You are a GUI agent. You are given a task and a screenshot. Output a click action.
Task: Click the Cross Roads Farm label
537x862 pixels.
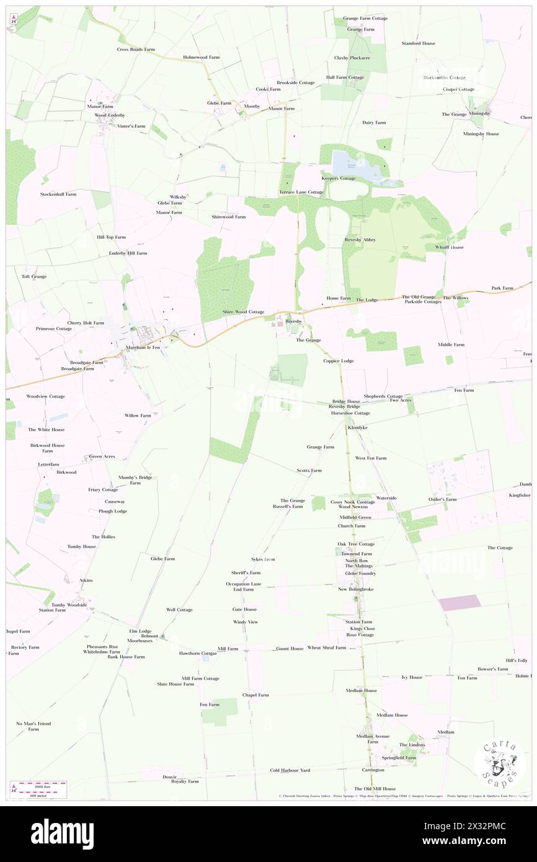pyautogui.click(x=135, y=49)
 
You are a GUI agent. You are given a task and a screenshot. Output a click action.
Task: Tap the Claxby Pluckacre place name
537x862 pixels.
pyautogui.click(x=352, y=58)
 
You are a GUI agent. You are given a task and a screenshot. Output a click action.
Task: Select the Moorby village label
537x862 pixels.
pyautogui.click(x=252, y=107)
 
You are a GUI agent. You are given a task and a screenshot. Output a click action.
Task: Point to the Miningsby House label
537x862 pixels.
pyautogui.click(x=481, y=134)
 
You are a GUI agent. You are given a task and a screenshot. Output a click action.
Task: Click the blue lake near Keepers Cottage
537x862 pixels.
pyautogui.click(x=348, y=163)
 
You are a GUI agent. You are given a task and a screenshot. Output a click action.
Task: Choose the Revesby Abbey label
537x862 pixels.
pyautogui.click(x=360, y=239)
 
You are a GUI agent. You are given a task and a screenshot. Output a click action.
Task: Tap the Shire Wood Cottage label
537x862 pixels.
pyautogui.click(x=243, y=311)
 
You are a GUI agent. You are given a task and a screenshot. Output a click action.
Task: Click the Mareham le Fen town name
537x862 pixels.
pyautogui.click(x=143, y=347)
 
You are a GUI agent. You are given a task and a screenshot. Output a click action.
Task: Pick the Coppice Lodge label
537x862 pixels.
pyautogui.click(x=338, y=360)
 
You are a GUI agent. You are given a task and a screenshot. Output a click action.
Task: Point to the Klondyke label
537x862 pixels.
pyautogui.click(x=358, y=427)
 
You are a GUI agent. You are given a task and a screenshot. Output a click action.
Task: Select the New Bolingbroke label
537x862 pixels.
pyautogui.click(x=355, y=589)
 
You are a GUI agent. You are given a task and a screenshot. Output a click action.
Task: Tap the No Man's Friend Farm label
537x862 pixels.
pyautogui.click(x=33, y=726)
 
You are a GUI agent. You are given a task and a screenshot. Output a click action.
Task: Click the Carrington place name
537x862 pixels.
pyautogui.click(x=373, y=770)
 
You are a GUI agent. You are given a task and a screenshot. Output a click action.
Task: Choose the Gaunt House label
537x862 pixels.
pyautogui.click(x=290, y=649)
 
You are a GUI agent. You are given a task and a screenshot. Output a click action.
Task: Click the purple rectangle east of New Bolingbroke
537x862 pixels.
pyautogui.click(x=459, y=603)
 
